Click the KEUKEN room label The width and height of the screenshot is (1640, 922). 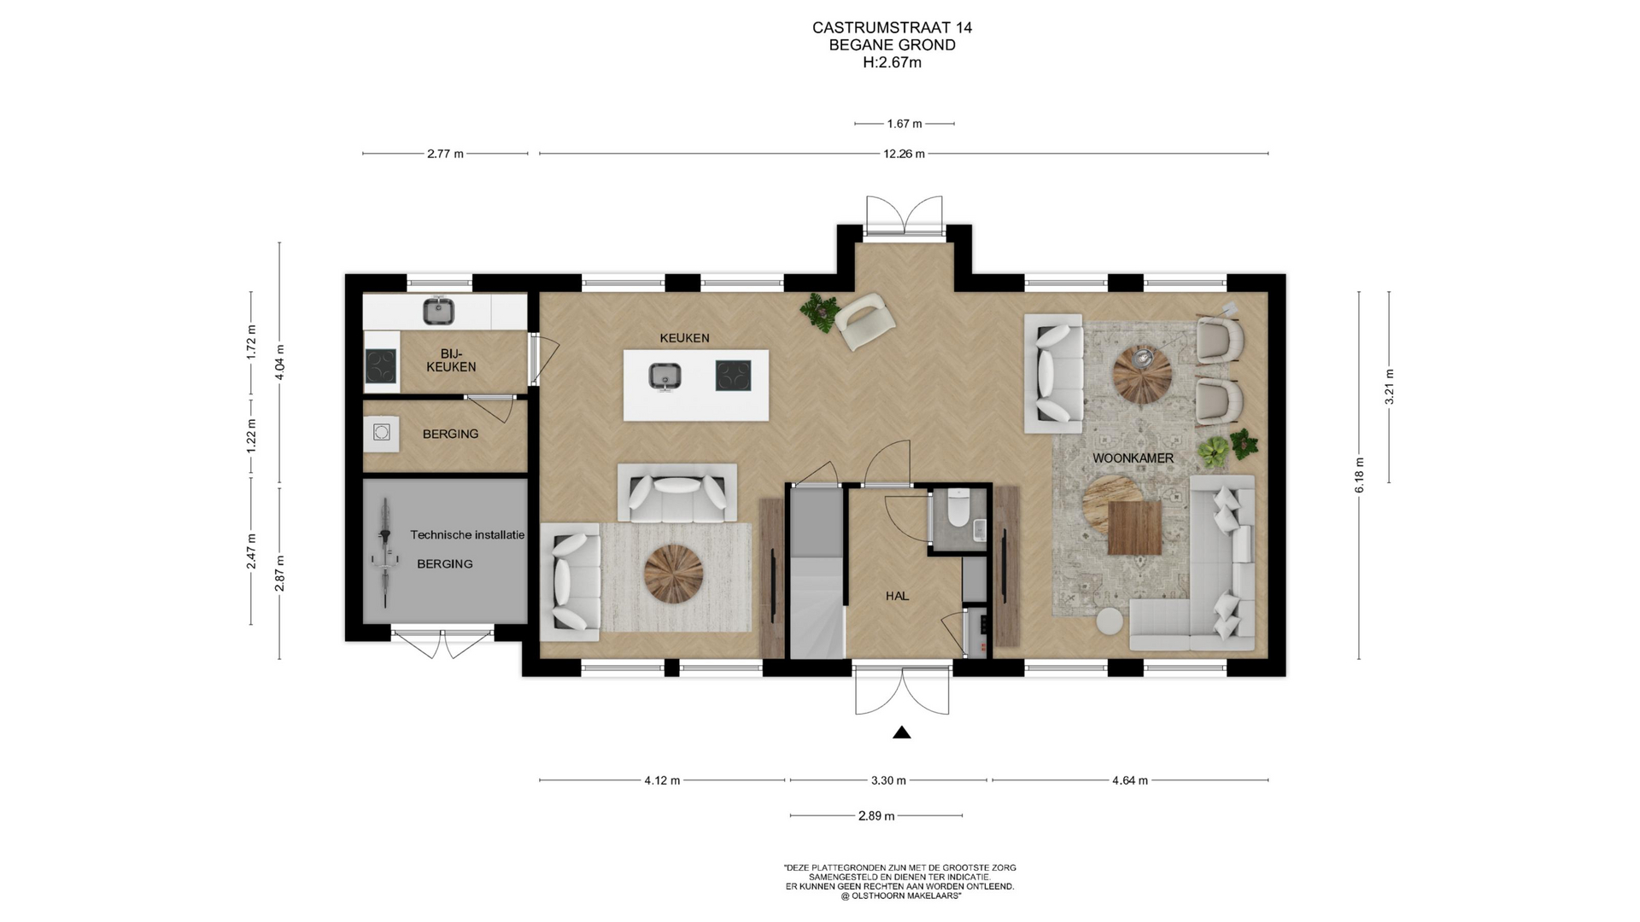tap(684, 338)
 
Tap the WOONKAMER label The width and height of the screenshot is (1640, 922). tap(1133, 458)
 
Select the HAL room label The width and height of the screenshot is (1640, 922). tap(897, 596)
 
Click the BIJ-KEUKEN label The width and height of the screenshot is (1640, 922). tap(451, 360)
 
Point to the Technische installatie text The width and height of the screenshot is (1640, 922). tap(467, 535)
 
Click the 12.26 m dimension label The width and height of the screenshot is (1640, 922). tap(904, 155)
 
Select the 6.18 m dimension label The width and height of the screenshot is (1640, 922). tap(1359, 476)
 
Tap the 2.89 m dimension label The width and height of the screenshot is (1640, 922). tap(876, 816)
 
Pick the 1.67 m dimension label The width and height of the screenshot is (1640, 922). tap(904, 124)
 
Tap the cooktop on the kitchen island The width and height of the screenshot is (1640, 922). tap(733, 376)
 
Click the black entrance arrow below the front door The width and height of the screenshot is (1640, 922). tap(901, 732)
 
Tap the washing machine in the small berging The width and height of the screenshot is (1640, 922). tap(381, 434)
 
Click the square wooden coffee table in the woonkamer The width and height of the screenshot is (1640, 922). tap(1134, 528)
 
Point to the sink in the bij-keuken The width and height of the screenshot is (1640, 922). tap(439, 311)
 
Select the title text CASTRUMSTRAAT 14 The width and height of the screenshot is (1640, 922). tap(892, 27)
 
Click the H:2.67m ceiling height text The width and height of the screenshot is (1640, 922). tap(892, 62)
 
